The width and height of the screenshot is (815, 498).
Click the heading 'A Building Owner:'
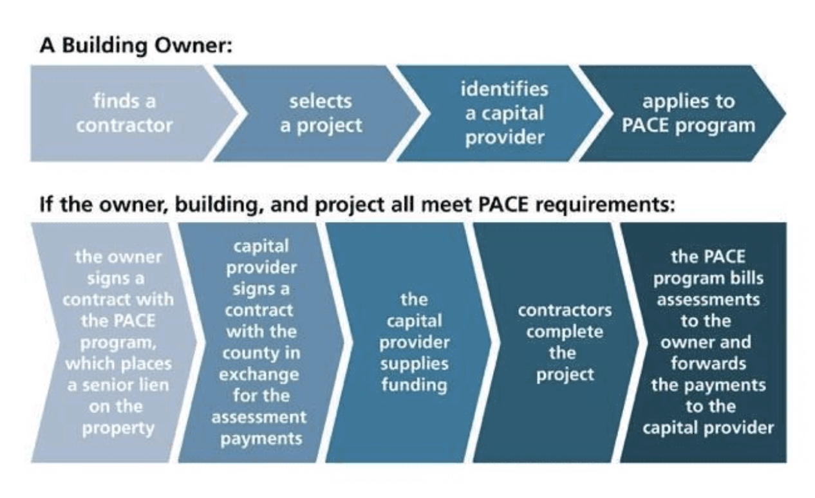click(136, 46)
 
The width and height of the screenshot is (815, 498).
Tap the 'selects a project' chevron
click(317, 113)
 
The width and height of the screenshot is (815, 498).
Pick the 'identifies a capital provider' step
click(500, 113)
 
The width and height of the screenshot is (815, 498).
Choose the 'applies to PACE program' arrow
click(682, 113)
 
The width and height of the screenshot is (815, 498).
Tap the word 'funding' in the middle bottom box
click(415, 385)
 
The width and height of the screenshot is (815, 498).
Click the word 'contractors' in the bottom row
click(565, 311)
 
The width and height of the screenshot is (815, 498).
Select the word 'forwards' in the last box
click(708, 364)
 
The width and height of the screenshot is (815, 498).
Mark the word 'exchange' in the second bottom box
click(259, 375)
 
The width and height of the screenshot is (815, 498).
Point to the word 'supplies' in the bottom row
click(415, 364)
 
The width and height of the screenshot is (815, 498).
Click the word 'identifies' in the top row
click(504, 89)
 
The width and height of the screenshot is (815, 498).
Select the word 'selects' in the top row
click(321, 101)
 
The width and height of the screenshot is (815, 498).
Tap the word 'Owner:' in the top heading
click(194, 46)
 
